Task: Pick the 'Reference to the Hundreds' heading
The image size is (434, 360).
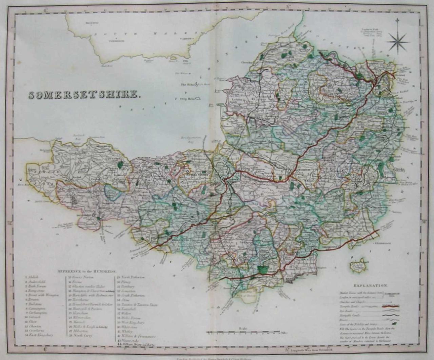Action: pyautogui.click(x=86, y=272)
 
